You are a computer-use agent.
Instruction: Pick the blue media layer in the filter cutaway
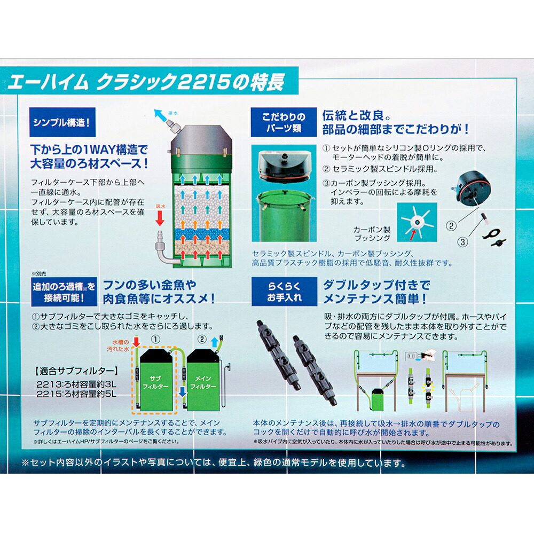pyautogui.click(x=197, y=234)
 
